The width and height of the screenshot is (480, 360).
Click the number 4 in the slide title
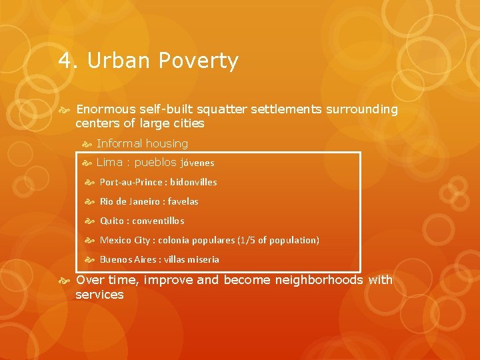pyautogui.click(x=65, y=61)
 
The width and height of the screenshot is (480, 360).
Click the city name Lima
pyautogui.click(x=110, y=162)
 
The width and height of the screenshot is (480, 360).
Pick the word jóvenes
pyautogui.click(x=197, y=163)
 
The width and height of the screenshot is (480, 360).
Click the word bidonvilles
pyautogui.click(x=193, y=182)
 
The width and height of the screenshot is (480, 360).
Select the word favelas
pyautogui.click(x=183, y=201)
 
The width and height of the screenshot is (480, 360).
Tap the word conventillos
pyautogui.click(x=159, y=221)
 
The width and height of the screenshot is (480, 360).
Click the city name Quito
pyautogui.click(x=111, y=221)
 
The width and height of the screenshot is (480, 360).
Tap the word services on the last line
pyautogui.click(x=99, y=295)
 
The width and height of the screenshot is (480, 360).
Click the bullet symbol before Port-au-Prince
pyautogui.click(x=90, y=182)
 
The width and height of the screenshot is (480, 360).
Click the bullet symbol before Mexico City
pyautogui.click(x=90, y=240)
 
